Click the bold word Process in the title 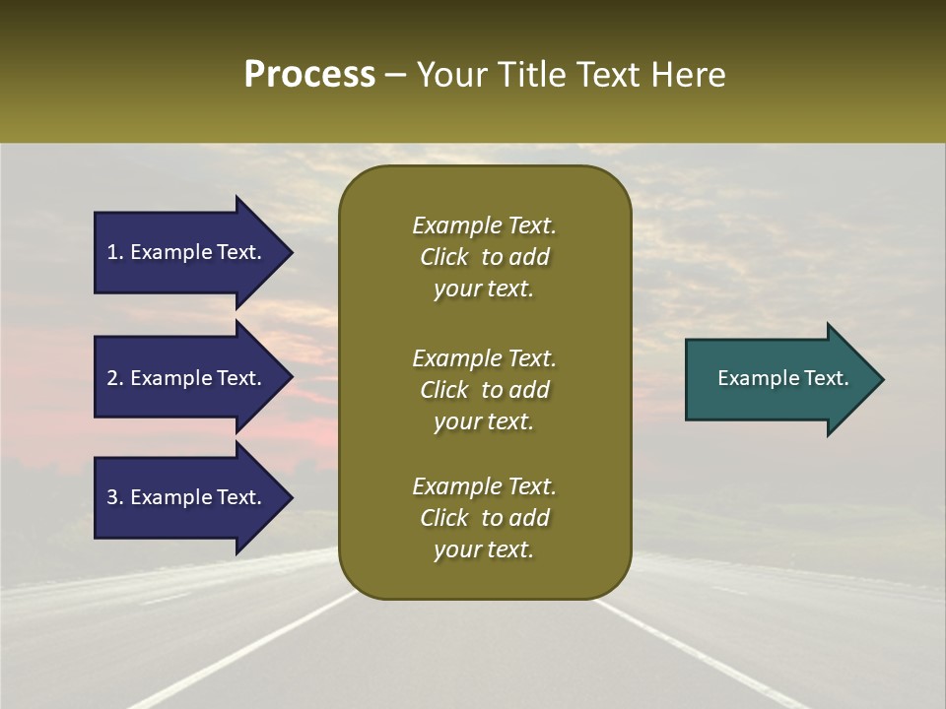309,75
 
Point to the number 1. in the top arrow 115,252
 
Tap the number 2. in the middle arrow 115,378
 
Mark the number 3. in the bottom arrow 115,497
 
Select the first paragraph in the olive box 484,257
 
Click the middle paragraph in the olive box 484,390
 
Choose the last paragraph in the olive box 484,518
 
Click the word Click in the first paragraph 443,257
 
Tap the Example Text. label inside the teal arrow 783,378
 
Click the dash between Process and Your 396,75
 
